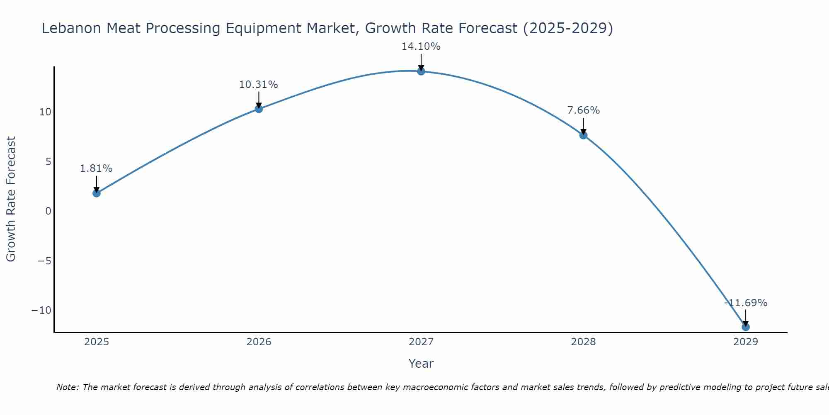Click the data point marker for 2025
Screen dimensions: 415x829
pos(97,193)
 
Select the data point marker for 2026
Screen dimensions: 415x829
pos(259,109)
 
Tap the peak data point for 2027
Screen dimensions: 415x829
pos(421,71)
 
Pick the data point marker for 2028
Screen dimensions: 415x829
pos(583,135)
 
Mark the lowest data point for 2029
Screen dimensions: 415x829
pos(746,327)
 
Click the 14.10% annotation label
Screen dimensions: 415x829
pos(421,46)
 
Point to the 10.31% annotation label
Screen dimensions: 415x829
pos(258,85)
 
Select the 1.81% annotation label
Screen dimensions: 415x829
pos(96,168)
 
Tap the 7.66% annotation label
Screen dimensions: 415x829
pos(583,110)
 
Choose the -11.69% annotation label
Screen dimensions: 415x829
pos(746,303)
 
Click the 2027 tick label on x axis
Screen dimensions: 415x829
pos(421,342)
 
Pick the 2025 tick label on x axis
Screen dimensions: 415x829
pos(97,342)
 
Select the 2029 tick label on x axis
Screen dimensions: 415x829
pos(746,342)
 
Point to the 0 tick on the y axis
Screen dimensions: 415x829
pos(48,211)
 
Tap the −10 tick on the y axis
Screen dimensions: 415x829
pos(41,310)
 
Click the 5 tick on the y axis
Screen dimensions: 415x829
pos(48,161)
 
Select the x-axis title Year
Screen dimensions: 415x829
pos(421,364)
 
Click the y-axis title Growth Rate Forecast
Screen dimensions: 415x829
pos(11,199)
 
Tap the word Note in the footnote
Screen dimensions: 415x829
pos(67,387)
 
